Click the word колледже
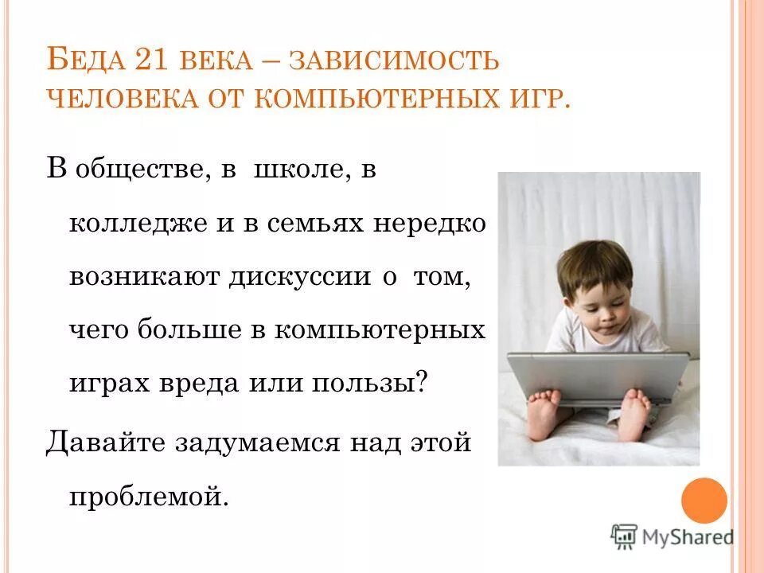tap(132, 224)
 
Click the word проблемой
tap(149, 496)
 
